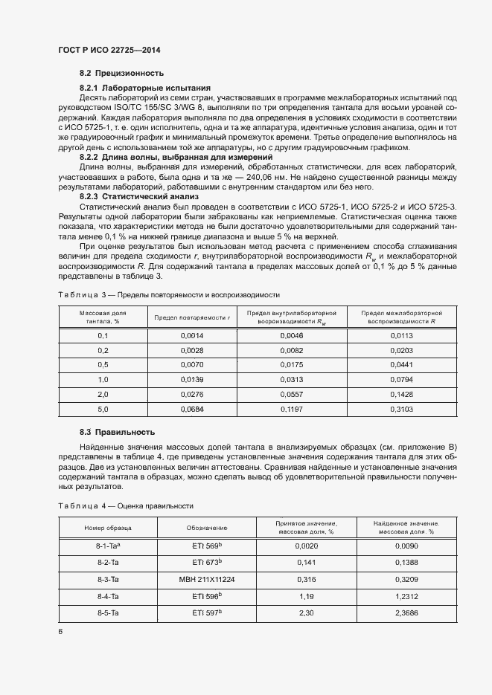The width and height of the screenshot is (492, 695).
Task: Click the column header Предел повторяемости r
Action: click(192, 317)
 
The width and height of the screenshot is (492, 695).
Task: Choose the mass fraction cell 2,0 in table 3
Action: click(103, 395)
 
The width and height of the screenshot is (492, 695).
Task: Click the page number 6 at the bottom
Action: click(60, 631)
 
